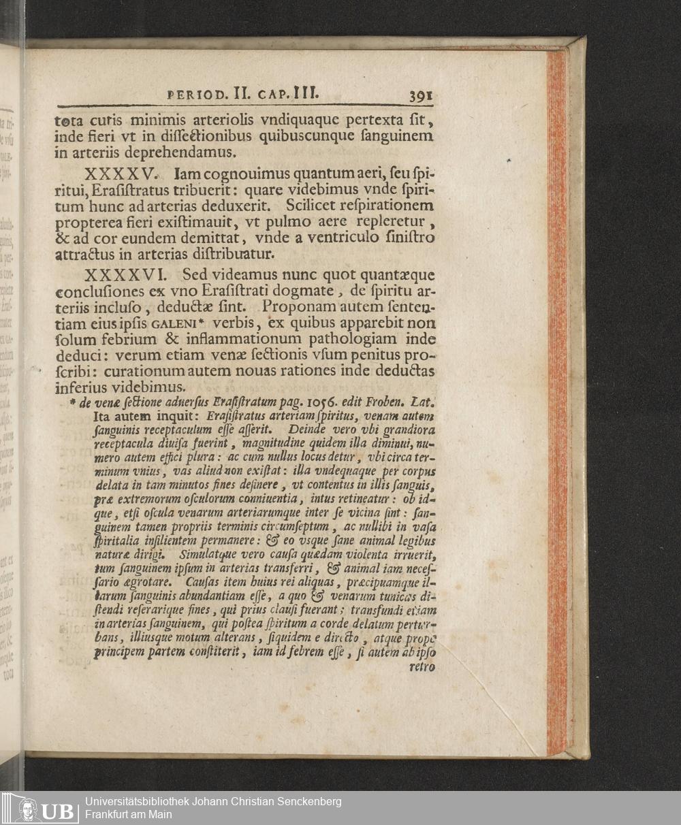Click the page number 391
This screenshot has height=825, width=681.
(421, 96)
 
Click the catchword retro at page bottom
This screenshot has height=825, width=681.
(422, 667)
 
